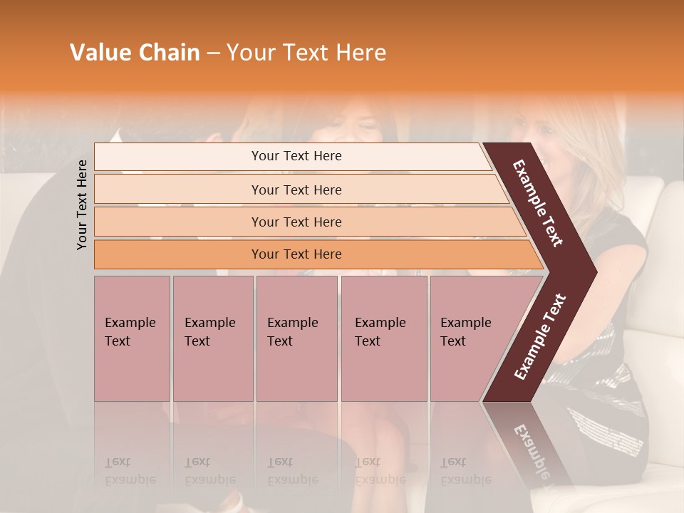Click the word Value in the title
point(99,53)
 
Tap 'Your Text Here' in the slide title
point(306,53)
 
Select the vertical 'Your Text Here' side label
point(82,204)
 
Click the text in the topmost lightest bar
point(296,156)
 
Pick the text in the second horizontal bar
point(296,190)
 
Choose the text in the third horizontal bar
point(296,222)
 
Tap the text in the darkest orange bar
point(296,254)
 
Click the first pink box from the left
point(132,338)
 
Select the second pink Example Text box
point(212,338)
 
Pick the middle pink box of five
point(296,338)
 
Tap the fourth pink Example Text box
point(383,338)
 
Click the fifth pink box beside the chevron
point(467,338)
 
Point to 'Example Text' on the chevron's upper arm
point(539,203)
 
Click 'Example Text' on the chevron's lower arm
point(540,337)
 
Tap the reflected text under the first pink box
point(130,471)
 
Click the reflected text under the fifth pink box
point(465,471)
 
